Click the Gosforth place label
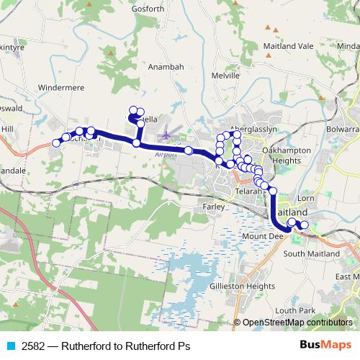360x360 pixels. pyautogui.click(x=149, y=8)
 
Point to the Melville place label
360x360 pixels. pyautogui.click(x=225, y=75)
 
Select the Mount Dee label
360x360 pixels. pyautogui.click(x=256, y=236)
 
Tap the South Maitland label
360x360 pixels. pyautogui.click(x=311, y=254)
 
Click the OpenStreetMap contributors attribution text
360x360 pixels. pyautogui.click(x=297, y=323)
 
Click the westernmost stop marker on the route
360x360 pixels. pyautogui.click(x=55, y=143)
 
